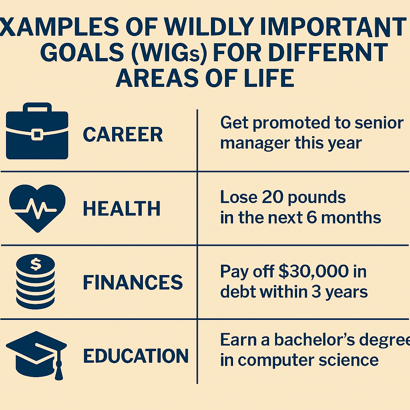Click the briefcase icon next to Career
coord(37,131)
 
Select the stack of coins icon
coord(36,281)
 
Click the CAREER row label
coord(123,135)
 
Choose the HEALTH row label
coord(122,208)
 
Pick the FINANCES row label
coord(133,282)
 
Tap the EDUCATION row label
coord(136,356)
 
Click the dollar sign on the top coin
coord(36,264)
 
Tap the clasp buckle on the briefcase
coord(37,134)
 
